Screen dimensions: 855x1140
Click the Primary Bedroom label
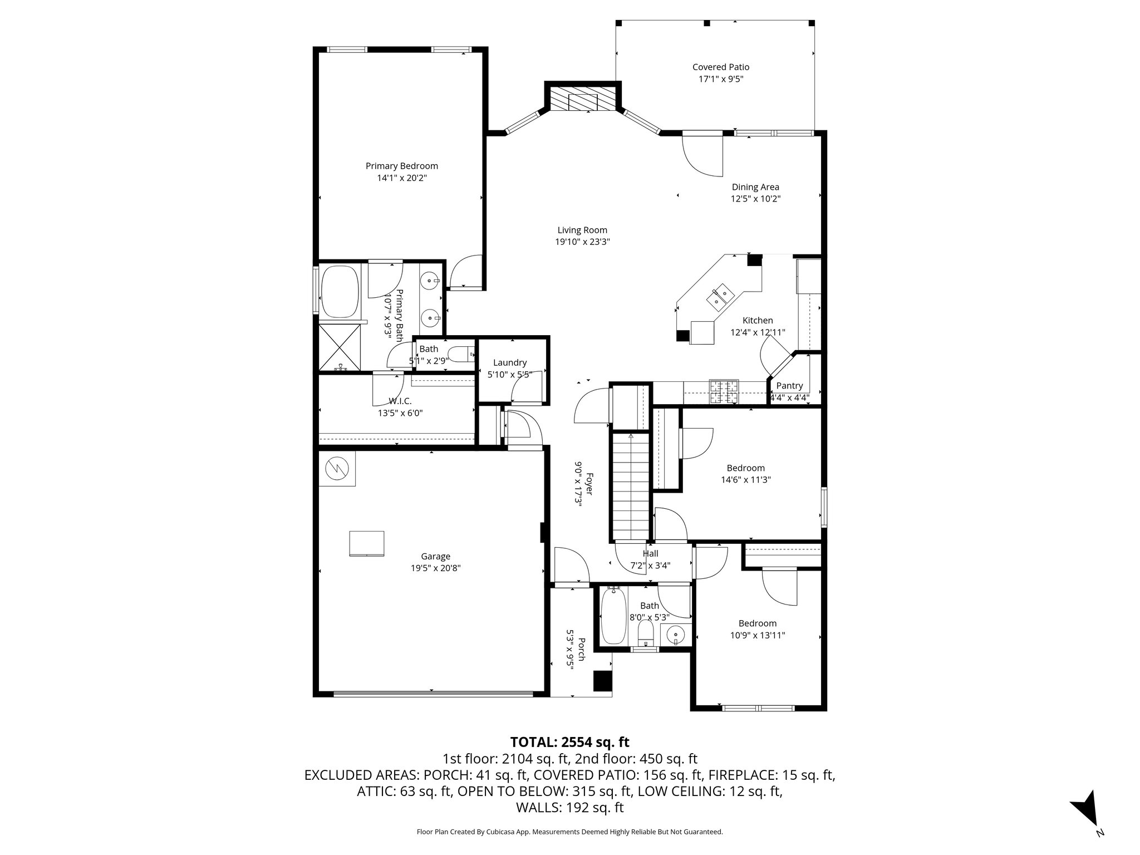[401, 166]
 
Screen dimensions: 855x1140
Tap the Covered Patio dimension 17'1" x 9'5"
[721, 79]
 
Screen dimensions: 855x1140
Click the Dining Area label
[755, 187]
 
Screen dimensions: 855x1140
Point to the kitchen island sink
[719, 296]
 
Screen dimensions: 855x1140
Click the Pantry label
[789, 386]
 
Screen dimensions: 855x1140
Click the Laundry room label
[509, 362]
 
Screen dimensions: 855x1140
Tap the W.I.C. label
[400, 401]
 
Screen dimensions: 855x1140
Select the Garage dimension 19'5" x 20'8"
[435, 568]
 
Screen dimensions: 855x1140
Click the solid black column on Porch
[602, 681]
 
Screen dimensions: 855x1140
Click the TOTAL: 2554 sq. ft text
[569, 742]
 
